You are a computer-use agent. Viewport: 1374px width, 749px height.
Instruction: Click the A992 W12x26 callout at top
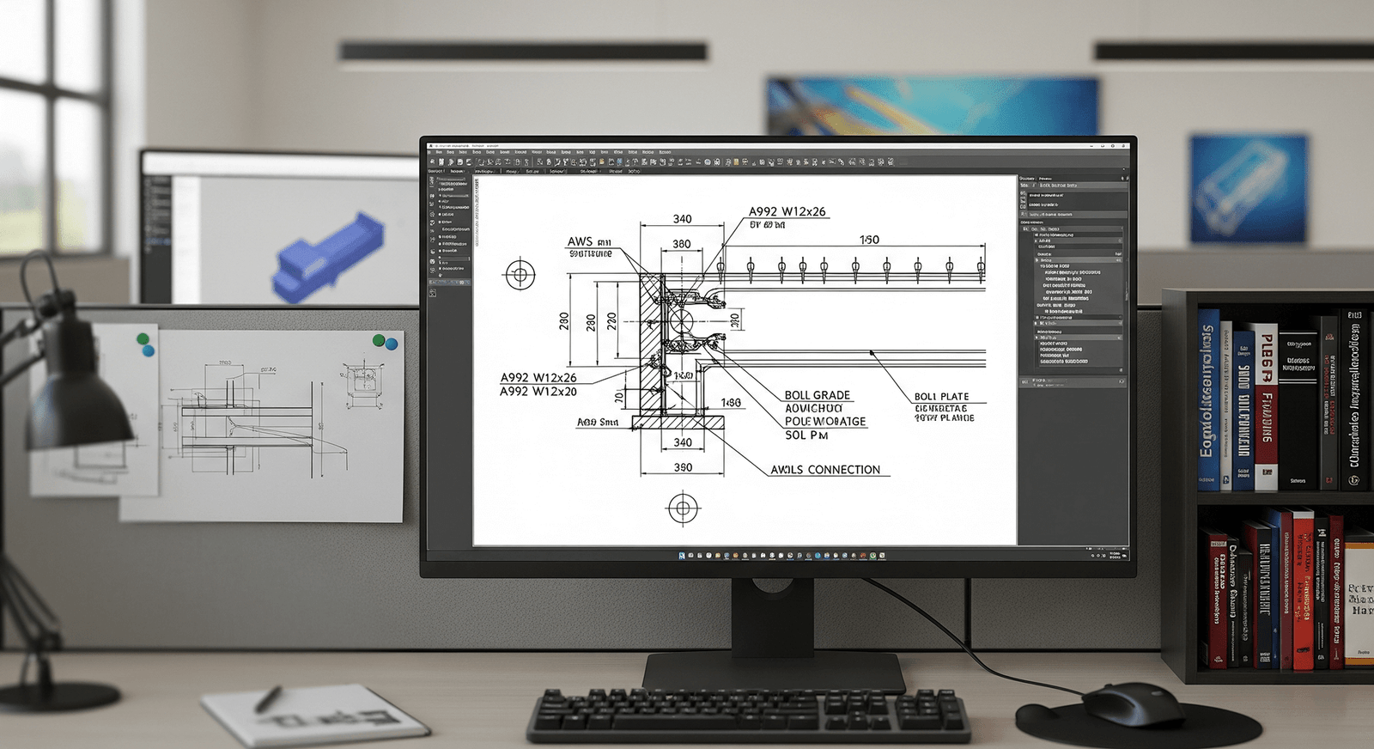click(787, 211)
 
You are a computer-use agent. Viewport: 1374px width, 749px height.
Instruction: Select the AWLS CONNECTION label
click(825, 470)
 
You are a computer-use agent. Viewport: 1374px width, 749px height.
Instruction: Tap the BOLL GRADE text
click(817, 395)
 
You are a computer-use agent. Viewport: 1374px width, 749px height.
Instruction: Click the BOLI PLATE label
click(941, 397)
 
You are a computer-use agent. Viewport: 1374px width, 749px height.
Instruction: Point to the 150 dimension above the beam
click(869, 240)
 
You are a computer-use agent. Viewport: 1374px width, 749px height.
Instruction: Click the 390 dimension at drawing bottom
click(683, 467)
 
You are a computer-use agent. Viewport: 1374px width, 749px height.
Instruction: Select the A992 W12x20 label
click(538, 392)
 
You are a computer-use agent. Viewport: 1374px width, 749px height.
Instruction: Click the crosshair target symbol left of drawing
click(520, 275)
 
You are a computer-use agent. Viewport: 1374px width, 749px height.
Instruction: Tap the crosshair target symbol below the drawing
click(683, 508)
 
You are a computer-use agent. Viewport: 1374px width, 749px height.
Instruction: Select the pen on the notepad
click(268, 698)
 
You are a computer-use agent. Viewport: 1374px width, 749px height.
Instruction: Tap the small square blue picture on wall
click(1247, 187)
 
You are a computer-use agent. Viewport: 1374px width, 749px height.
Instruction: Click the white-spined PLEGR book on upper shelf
click(1266, 404)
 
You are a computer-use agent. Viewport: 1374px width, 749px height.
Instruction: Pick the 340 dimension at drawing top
click(683, 219)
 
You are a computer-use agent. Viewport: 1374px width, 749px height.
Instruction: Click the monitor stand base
click(773, 672)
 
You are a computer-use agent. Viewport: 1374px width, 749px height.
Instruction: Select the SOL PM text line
click(806, 435)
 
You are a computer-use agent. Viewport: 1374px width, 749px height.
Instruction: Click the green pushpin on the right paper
click(379, 341)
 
